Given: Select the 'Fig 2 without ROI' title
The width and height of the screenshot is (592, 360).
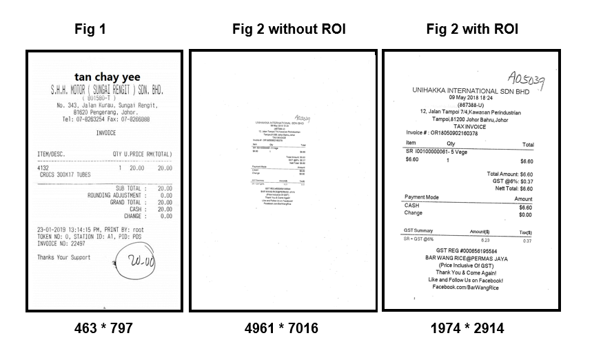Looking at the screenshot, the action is pos(288,30).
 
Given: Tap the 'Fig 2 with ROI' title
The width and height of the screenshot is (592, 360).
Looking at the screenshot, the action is pos(472,30).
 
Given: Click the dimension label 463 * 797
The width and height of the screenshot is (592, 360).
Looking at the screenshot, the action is pos(103,329).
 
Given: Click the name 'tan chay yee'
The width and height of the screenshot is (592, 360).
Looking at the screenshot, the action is pos(105,76).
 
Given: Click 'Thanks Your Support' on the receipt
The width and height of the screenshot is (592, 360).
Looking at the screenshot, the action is pos(65,257).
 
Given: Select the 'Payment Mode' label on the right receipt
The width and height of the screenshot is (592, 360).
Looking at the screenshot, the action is pos(422,198).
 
